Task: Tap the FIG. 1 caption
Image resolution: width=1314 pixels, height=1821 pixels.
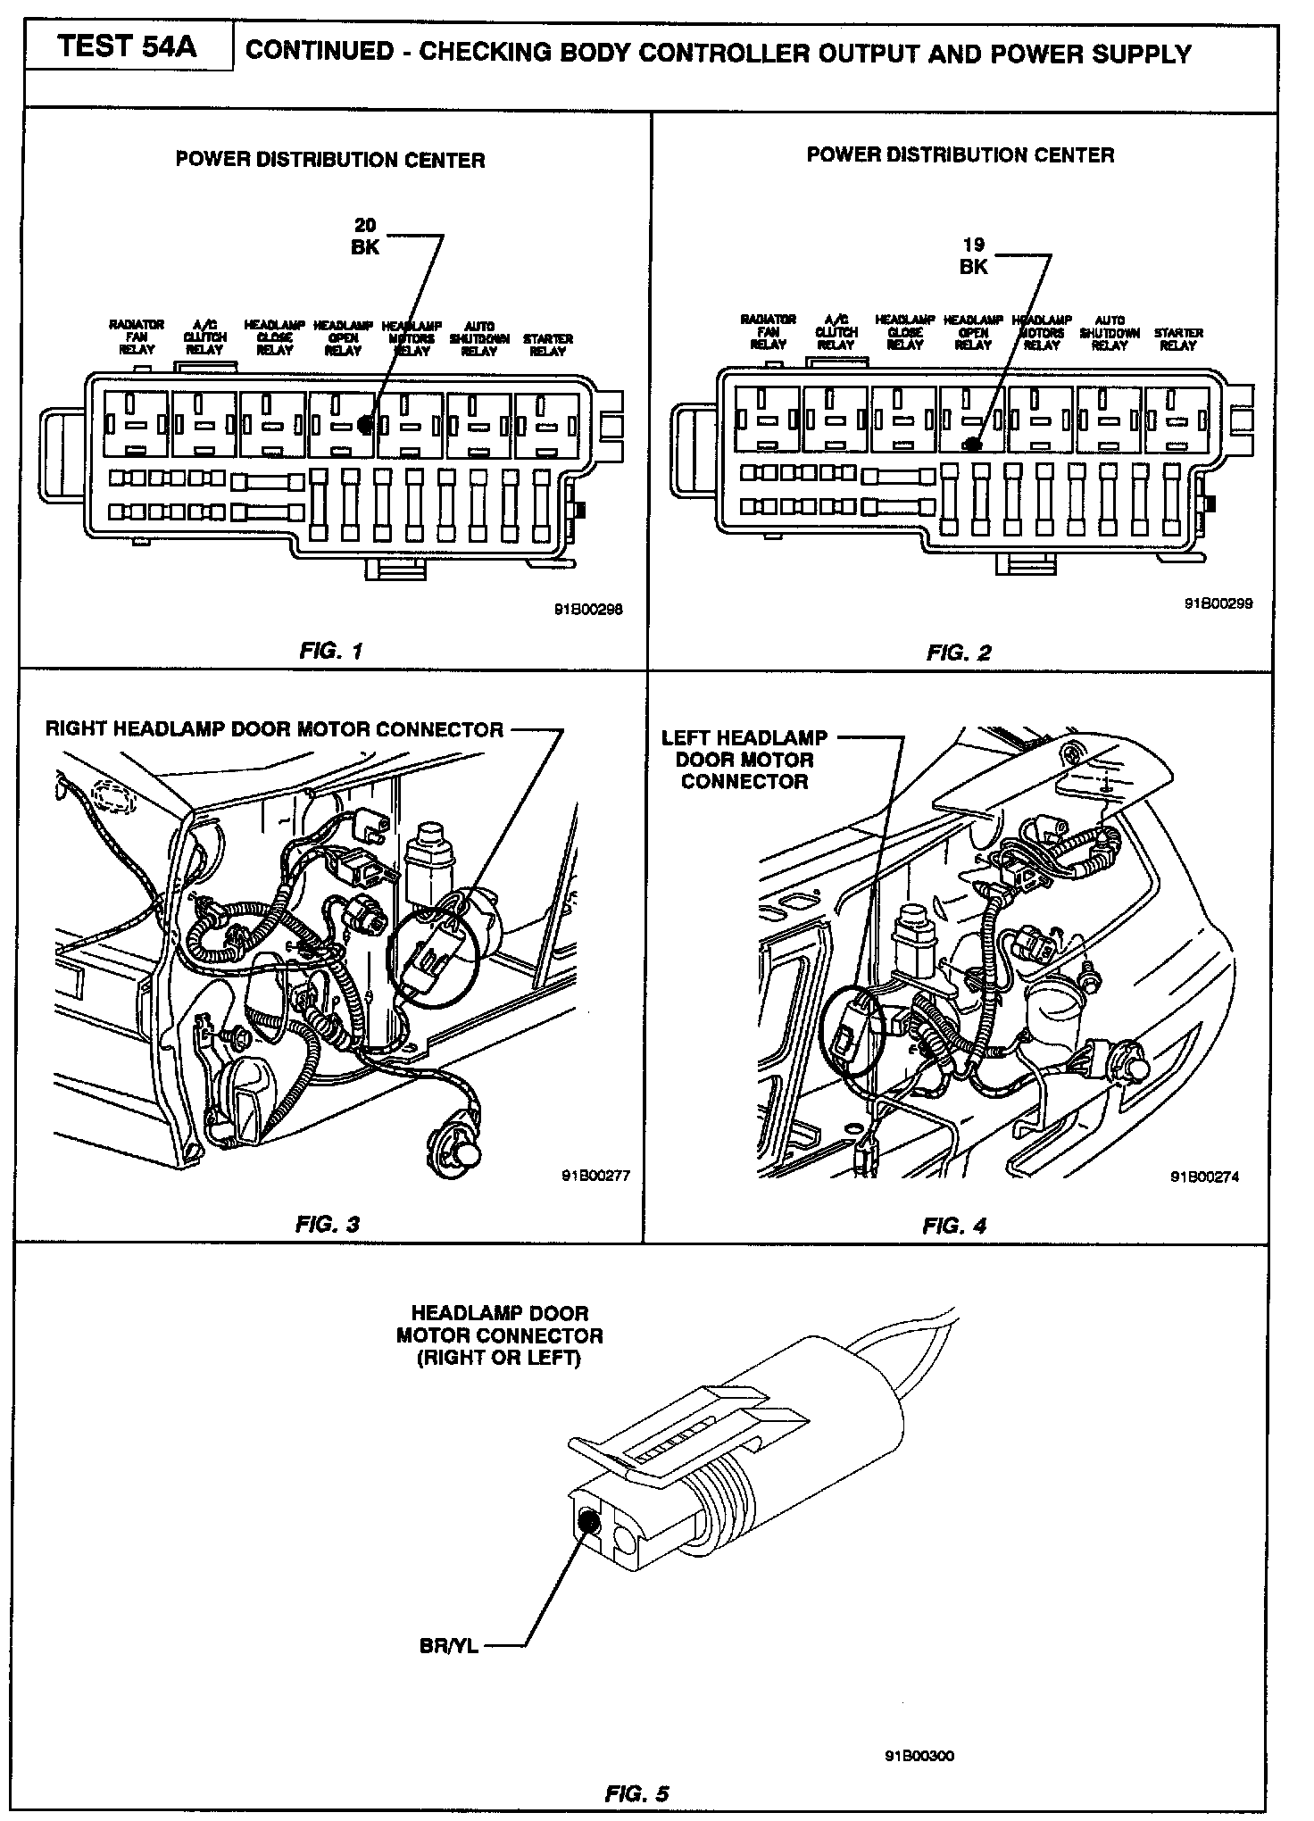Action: click(x=331, y=650)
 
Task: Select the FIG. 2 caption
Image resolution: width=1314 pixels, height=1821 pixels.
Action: click(x=959, y=653)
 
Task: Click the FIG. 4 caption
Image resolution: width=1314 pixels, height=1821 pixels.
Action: click(x=954, y=1225)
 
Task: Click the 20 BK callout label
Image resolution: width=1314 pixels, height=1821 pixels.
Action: click(x=365, y=237)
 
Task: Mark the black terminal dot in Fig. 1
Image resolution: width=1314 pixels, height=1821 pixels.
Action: click(x=364, y=424)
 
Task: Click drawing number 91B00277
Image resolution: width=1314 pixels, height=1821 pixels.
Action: click(x=595, y=1175)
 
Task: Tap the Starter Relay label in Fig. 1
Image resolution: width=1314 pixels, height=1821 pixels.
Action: click(x=547, y=345)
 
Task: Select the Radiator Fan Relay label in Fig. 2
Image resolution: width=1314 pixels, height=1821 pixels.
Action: click(x=768, y=331)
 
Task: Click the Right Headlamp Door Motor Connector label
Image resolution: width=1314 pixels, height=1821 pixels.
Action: click(x=274, y=729)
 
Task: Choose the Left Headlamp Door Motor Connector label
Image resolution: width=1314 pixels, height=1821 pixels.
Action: click(x=744, y=760)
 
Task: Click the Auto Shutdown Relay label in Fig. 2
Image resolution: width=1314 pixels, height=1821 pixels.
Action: click(x=1110, y=332)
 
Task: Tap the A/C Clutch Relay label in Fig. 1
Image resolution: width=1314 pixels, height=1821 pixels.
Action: click(x=204, y=337)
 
